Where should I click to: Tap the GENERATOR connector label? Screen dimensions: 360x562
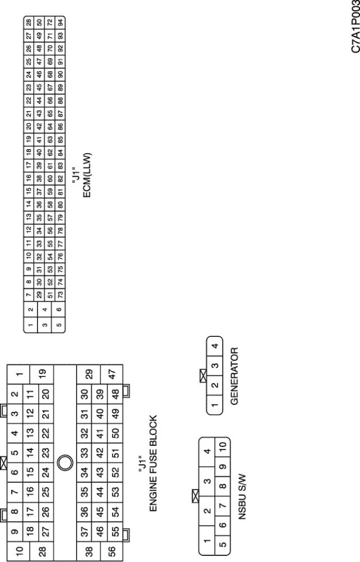pyautogui.click(x=235, y=376)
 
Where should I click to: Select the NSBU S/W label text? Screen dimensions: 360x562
pyautogui.click(x=242, y=497)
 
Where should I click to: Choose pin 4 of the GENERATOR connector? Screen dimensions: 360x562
pyautogui.click(x=214, y=346)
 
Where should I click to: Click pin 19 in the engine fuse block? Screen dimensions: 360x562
pyautogui.click(x=42, y=374)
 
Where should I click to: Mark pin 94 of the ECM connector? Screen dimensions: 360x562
pyautogui.click(x=60, y=21)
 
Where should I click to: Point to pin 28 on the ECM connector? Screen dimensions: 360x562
pyautogui.click(x=29, y=21)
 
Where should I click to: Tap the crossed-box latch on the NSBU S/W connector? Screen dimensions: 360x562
pyautogui.click(x=196, y=496)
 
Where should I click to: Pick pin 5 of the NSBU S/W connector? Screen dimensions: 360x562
pyautogui.click(x=223, y=544)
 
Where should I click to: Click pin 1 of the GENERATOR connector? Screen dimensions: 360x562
pyautogui.click(x=214, y=405)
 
